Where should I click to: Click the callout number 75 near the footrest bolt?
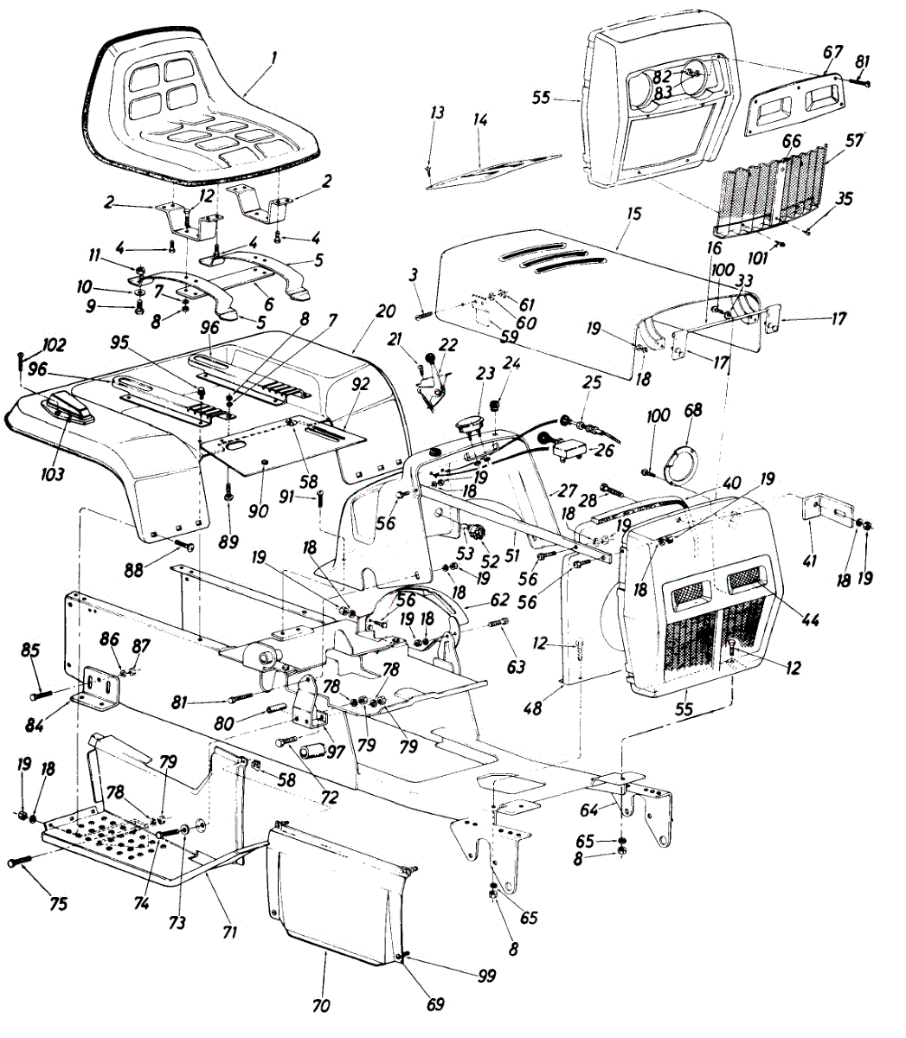pyautogui.click(x=57, y=904)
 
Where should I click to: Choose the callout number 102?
pyautogui.click(x=53, y=343)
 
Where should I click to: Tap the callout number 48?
pyautogui.click(x=533, y=708)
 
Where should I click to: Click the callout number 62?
pyautogui.click(x=499, y=598)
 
